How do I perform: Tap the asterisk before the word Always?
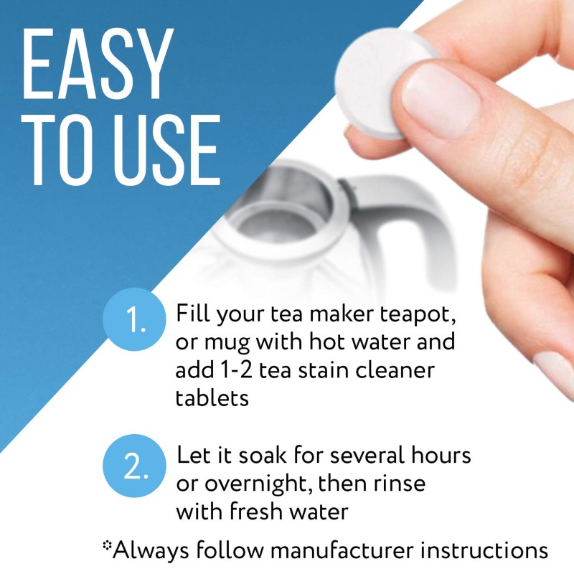pos(108,547)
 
